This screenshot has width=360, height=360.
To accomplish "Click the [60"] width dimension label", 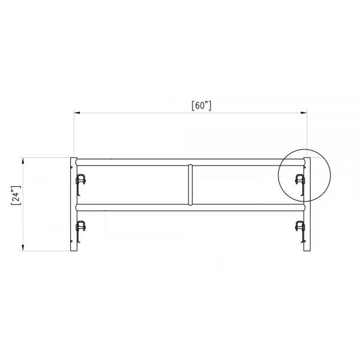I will click(201, 105).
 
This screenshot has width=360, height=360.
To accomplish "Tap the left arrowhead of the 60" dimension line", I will click(76, 112).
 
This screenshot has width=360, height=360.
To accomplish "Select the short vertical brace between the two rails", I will click(190, 184).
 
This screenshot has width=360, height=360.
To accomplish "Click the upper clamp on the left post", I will click(80, 181).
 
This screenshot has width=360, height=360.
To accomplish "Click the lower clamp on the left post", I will click(80, 227).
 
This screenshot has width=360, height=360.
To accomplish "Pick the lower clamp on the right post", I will click(299, 227).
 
